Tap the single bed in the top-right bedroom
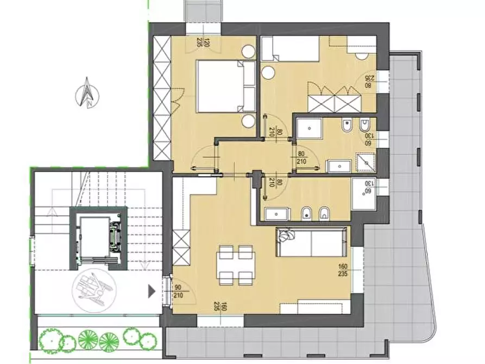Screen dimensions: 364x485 pyautogui.click(x=290, y=48)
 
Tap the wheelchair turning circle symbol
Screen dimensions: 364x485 pyautogui.click(x=92, y=286)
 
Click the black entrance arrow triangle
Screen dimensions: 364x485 pyautogui.click(x=152, y=291)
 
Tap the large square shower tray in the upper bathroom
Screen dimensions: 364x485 pyautogui.click(x=309, y=130)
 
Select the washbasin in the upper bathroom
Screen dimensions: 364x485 pyautogui.click(x=339, y=165)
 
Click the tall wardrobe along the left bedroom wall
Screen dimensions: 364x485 pyautogui.click(x=162, y=98)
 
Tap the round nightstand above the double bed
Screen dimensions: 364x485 pyautogui.click(x=249, y=52)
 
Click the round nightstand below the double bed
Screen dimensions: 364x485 pyautogui.click(x=249, y=121)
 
